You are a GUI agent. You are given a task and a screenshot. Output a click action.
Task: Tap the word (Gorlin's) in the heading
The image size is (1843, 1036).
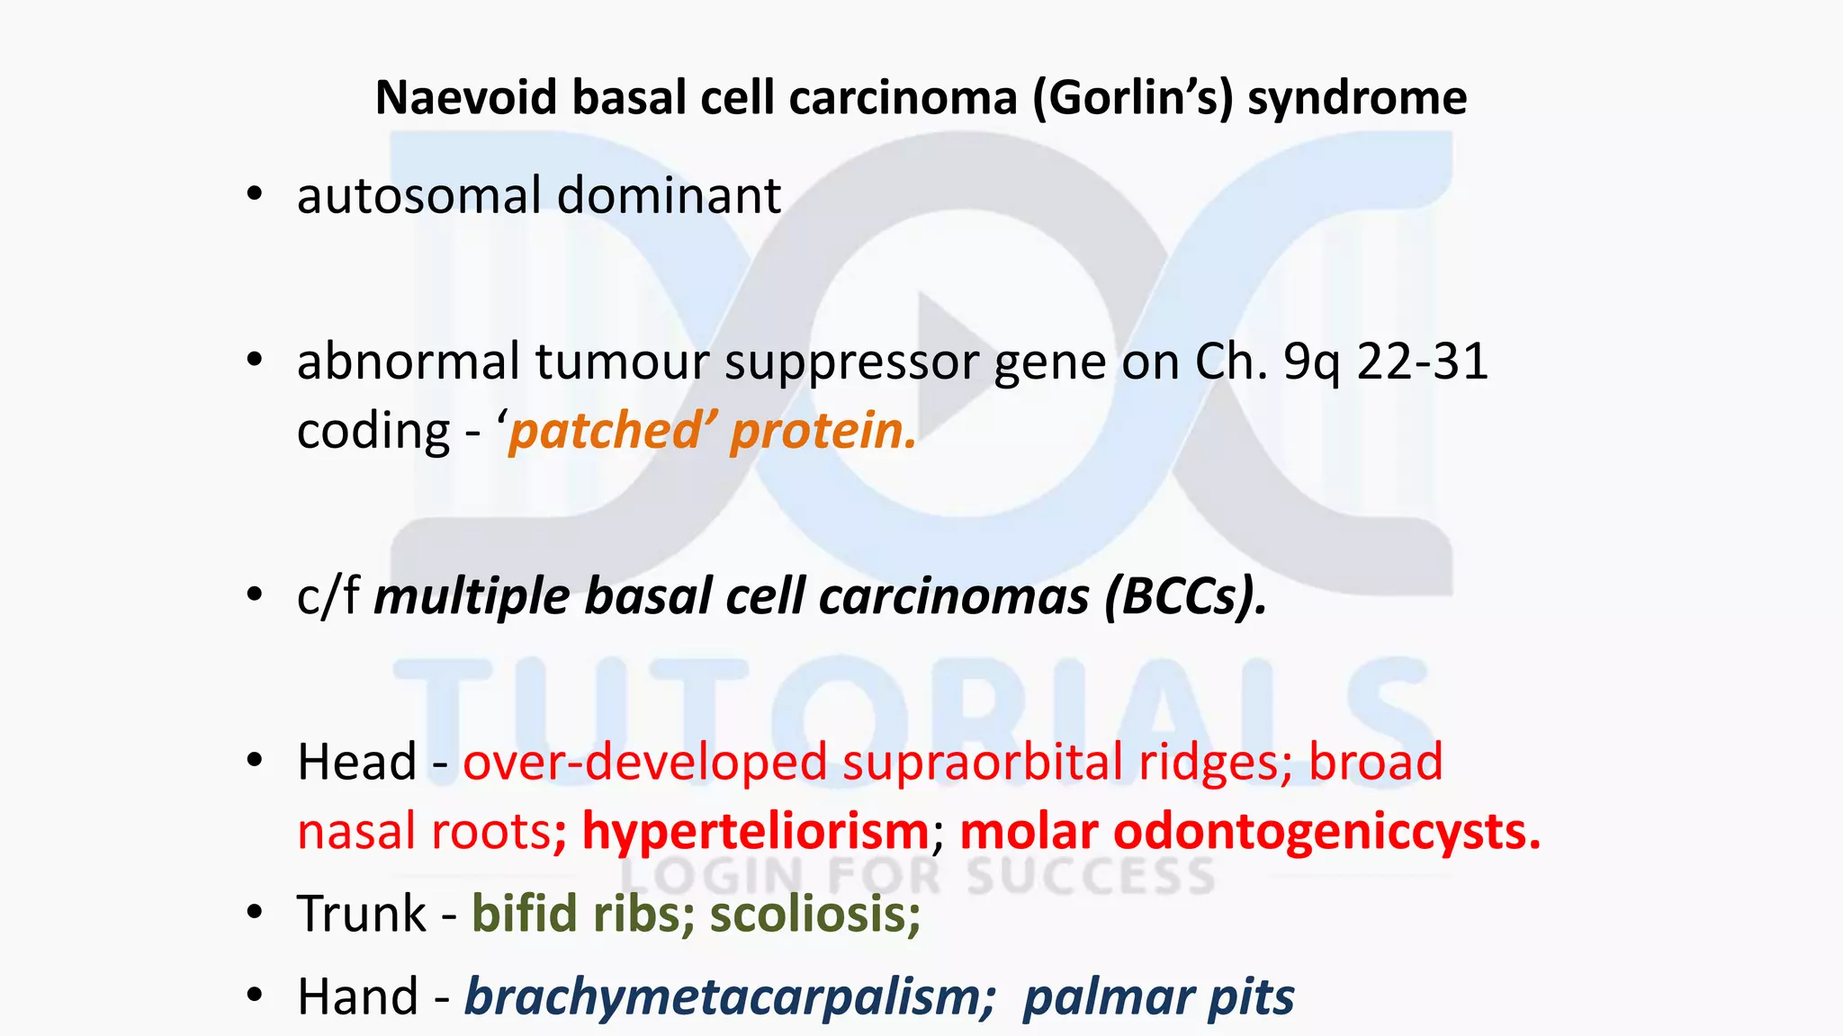(x=1132, y=97)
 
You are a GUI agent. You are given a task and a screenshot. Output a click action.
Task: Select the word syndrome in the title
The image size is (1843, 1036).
(x=1357, y=97)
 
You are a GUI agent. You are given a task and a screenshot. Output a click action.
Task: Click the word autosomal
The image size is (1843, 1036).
(x=419, y=196)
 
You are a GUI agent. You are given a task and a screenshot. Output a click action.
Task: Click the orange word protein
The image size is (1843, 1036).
(x=823, y=432)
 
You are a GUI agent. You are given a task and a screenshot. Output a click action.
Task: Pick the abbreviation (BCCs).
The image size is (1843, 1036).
(x=1185, y=597)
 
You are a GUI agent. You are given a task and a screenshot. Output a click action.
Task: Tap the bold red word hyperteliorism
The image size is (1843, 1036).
(x=755, y=831)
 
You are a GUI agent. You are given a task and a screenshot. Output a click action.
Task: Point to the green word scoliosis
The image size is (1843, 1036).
(x=815, y=915)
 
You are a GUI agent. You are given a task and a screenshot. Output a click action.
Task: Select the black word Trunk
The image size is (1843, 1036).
(x=362, y=915)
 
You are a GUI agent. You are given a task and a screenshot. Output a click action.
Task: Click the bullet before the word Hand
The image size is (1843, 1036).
(x=255, y=995)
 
